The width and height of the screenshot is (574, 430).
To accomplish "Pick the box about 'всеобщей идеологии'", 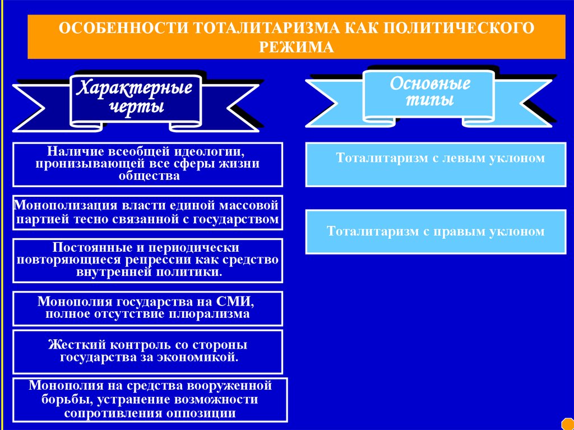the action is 148,164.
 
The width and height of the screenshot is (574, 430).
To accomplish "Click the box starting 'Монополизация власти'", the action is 147,212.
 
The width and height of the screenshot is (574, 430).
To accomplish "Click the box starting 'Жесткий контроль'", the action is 147,351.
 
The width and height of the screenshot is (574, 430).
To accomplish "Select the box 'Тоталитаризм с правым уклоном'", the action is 436,231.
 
